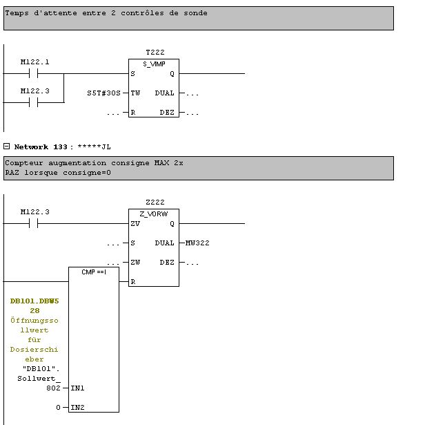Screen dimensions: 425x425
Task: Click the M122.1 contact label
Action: [34, 62]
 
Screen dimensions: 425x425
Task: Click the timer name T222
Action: [155, 53]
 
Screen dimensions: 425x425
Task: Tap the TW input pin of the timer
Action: [135, 93]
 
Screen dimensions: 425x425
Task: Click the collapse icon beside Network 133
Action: [7, 147]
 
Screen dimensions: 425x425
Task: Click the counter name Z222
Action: [155, 202]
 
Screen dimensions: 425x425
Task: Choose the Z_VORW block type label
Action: [153, 214]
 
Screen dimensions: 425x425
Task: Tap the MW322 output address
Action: [197, 243]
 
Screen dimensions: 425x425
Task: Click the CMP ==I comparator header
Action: [94, 272]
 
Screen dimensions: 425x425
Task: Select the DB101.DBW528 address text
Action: [34, 305]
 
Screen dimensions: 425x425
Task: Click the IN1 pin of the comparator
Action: [78, 388]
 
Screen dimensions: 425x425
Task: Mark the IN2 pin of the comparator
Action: [78, 408]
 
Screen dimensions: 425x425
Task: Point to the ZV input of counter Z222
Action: [135, 224]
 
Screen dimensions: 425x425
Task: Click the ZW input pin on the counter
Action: [135, 263]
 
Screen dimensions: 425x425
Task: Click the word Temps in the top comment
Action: [19, 13]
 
